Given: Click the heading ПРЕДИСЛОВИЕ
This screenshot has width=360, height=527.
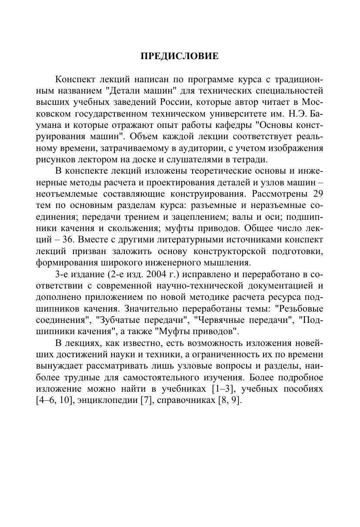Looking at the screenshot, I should (x=180, y=56).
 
